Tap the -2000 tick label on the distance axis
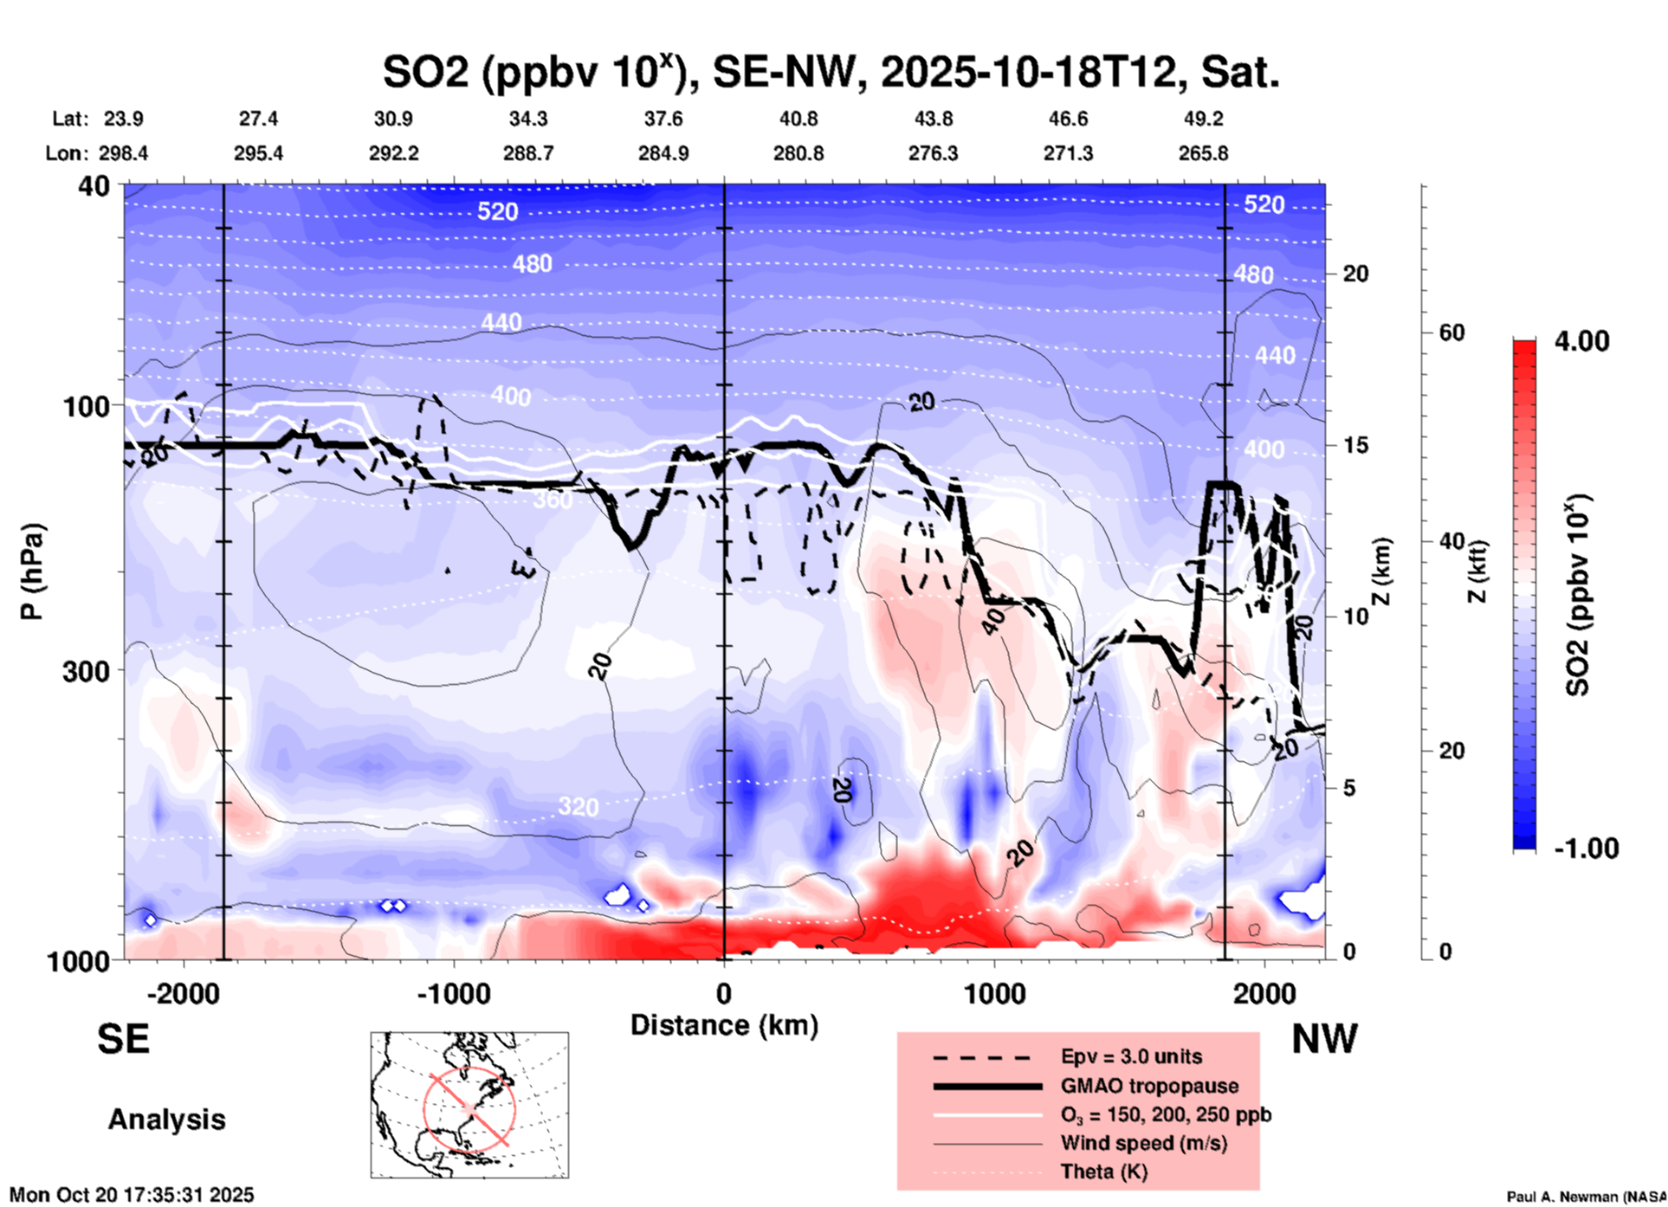[183, 993]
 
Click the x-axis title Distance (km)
[724, 1025]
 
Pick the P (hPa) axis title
[32, 571]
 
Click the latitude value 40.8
[798, 119]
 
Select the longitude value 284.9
[663, 153]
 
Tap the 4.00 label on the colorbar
[1581, 341]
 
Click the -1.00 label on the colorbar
[1586, 849]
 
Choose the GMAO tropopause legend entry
[1149, 1086]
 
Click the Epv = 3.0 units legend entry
[1131, 1056]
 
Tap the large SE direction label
[123, 1039]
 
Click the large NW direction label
[1324, 1039]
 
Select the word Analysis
[166, 1120]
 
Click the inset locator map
[469, 1105]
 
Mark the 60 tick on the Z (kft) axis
[1451, 332]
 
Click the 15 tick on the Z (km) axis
[1355, 445]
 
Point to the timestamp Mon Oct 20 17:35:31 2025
[132, 1195]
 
